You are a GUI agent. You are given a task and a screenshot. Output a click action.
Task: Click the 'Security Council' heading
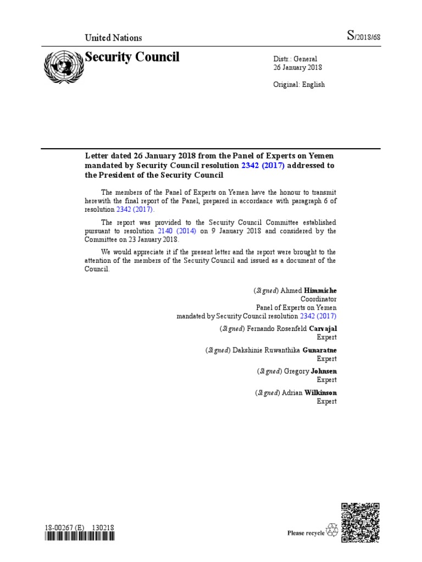tap(131, 57)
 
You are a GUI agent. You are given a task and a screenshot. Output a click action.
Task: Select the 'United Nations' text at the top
tap(113, 38)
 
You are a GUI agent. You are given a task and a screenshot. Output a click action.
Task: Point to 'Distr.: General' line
tap(296, 59)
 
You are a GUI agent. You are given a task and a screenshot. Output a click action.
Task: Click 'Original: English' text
tap(299, 85)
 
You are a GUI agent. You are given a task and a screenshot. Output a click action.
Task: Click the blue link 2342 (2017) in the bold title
tap(263, 166)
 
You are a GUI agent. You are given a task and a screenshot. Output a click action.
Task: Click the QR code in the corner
tap(360, 521)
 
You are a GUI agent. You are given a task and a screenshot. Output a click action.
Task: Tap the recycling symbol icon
tap(332, 531)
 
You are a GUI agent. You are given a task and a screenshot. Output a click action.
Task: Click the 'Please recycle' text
tap(306, 533)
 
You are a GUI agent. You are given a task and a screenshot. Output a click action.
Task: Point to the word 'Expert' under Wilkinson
tap(327, 402)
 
